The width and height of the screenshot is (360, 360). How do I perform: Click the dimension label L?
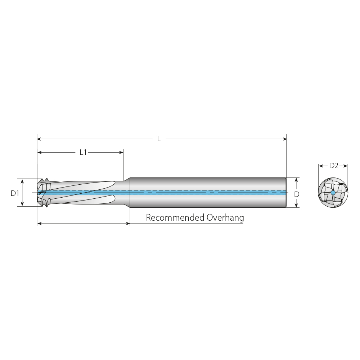(x=158, y=139)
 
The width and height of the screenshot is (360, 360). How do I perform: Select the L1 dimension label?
(x=83, y=152)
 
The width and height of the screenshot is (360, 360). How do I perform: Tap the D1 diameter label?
(x=15, y=193)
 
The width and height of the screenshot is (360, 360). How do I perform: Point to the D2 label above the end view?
(x=334, y=166)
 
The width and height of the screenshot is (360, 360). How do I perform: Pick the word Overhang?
(x=225, y=218)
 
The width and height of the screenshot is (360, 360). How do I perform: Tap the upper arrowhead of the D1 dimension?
(x=22, y=181)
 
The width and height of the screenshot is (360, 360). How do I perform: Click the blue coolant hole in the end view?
(x=333, y=193)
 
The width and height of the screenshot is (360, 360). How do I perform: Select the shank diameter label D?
(x=297, y=194)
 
